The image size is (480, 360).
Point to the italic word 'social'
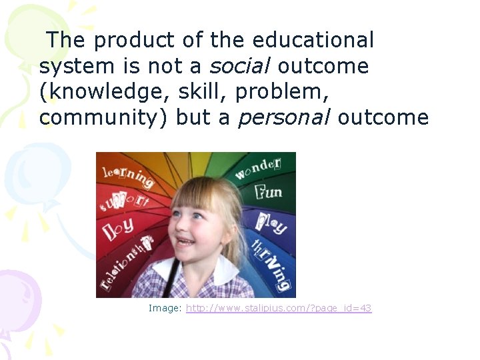[x=241, y=66]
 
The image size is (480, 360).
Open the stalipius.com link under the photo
[x=279, y=308]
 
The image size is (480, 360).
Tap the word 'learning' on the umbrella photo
[x=127, y=175]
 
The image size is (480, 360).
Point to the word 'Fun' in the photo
[x=267, y=193]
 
